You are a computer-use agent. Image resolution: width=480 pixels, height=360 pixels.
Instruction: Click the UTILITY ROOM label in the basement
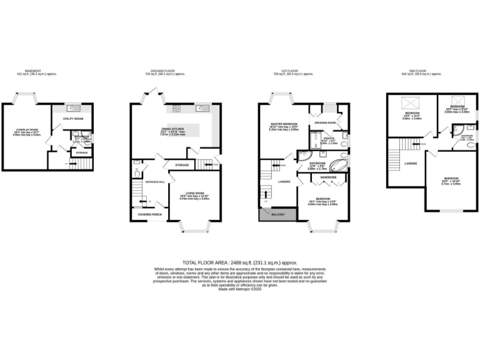(x=73, y=118)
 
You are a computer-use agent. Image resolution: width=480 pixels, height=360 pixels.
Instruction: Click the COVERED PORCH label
(x=149, y=214)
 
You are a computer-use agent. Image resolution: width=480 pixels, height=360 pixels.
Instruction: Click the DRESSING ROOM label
(x=326, y=122)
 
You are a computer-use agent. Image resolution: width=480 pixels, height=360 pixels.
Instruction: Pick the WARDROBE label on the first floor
(x=329, y=177)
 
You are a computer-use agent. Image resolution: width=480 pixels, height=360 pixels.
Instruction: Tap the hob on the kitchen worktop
(x=176, y=110)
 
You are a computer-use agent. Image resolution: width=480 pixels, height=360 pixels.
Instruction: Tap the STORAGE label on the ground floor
(x=182, y=165)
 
